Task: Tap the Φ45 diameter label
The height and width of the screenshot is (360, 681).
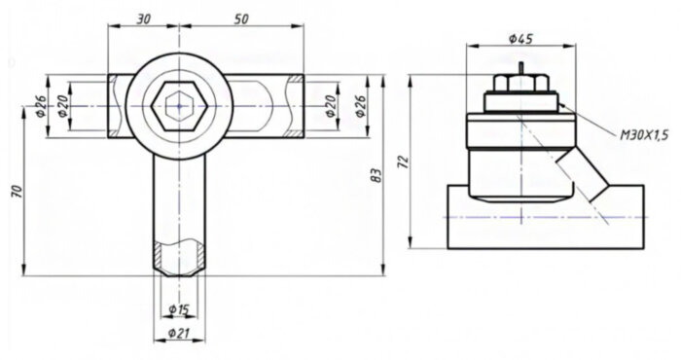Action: point(520,39)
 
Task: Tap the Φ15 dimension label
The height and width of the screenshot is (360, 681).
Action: point(178,309)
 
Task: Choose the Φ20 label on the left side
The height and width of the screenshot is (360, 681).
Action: point(63,105)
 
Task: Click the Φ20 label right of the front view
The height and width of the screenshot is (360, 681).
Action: point(331,105)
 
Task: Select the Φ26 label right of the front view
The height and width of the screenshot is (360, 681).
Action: point(359,105)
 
